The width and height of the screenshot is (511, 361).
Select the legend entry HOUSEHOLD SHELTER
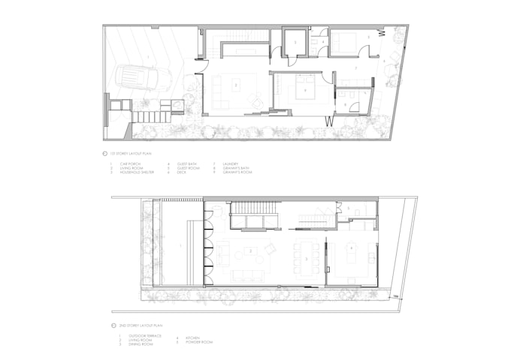135,173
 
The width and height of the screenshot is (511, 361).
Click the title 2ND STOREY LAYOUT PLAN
132,325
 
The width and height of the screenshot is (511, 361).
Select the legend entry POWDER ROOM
189,340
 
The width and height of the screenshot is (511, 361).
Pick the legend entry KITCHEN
183,335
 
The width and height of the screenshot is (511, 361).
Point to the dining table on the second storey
309,257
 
